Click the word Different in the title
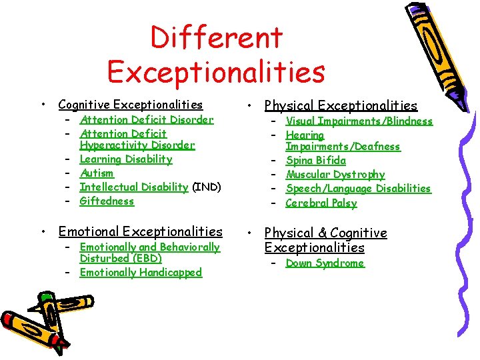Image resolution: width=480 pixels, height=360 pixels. (217, 37)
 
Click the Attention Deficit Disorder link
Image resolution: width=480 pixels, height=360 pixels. (147, 120)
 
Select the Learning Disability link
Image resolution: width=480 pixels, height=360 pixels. (126, 159)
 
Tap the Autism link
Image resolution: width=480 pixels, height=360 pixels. (97, 173)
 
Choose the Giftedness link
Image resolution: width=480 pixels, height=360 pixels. (107, 201)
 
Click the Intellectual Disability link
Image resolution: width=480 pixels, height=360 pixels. (133, 187)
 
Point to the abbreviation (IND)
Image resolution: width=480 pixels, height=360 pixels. (206, 187)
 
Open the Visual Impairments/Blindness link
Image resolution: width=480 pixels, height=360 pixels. (359, 121)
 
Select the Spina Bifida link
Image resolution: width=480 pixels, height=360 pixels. (316, 161)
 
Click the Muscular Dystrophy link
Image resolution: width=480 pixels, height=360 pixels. (335, 175)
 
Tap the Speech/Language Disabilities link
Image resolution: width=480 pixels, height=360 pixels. (359, 189)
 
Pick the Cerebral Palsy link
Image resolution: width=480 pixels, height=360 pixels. (321, 203)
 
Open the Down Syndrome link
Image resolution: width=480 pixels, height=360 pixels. (325, 263)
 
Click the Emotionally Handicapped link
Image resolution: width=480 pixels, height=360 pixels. (141, 273)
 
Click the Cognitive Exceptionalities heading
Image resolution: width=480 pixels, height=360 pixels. (131, 105)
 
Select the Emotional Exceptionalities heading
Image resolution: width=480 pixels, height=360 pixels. (140, 232)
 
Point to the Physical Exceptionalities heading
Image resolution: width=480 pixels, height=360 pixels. (341, 106)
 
